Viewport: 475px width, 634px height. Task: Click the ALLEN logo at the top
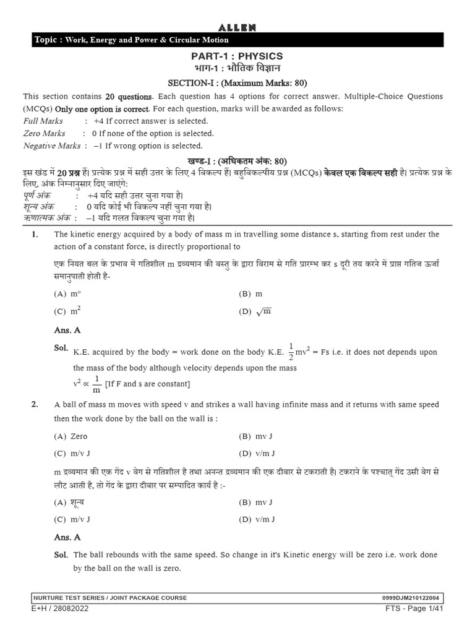(237, 27)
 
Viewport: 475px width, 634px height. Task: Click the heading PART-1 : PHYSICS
(237, 56)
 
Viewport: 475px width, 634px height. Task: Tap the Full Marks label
(43, 121)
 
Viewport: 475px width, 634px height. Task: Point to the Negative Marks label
(52, 145)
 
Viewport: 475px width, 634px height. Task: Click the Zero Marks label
(45, 133)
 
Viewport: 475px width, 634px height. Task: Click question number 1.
(35, 234)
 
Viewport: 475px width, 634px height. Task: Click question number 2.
(35, 404)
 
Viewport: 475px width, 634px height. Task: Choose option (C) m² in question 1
(69, 311)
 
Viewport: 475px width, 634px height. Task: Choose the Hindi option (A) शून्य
(69, 502)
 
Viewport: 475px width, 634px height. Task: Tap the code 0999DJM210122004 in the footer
(413, 597)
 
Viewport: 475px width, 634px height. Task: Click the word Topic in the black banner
(46, 40)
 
